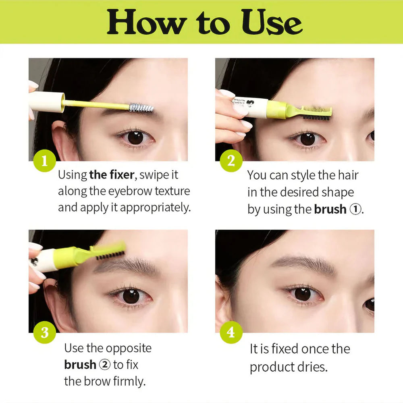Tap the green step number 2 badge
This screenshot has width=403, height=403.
pos(231,161)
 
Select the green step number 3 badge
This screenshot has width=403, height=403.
pos(44,332)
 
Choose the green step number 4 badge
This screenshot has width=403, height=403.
pos(231,332)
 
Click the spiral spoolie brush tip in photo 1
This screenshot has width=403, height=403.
pos(141,108)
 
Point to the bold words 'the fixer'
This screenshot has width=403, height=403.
pos(112,175)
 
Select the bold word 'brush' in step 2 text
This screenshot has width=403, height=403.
pos(330,210)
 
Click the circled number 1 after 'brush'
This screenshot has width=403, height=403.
pos(355,210)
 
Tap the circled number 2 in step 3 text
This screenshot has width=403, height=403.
pos(104,365)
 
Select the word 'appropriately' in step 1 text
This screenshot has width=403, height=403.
pos(155,208)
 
